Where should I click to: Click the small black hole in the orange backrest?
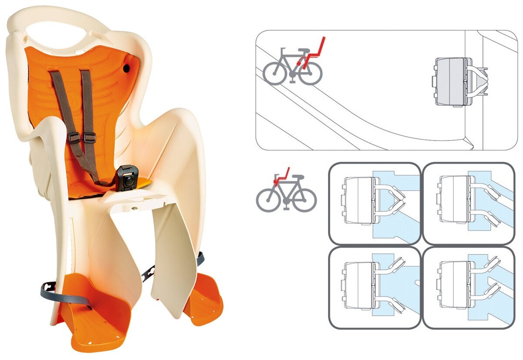pyautogui.click(x=126, y=69)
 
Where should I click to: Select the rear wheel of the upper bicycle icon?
pyautogui.click(x=310, y=73)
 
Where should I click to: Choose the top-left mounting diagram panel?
pyautogui.click(x=374, y=203)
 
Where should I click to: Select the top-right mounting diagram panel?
pyautogui.click(x=468, y=203)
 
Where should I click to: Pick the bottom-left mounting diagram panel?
pyautogui.click(x=374, y=287)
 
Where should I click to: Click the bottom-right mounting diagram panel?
pyautogui.click(x=468, y=287)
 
